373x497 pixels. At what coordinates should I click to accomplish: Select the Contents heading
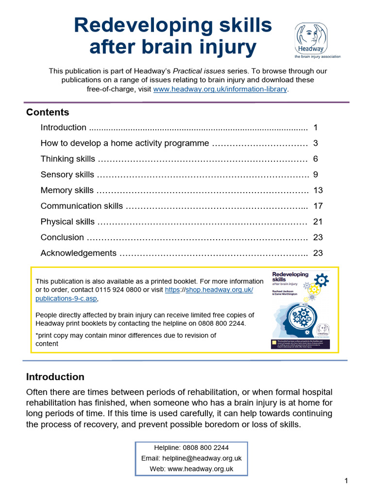pyautogui.click(x=48, y=112)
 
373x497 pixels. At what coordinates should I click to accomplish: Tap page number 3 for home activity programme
pyautogui.click(x=315, y=143)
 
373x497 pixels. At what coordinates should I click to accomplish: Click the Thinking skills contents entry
pyautogui.click(x=68, y=159)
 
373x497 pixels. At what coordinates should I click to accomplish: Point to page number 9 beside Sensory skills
pyautogui.click(x=315, y=175)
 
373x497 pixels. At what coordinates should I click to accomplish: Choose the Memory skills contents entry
pyautogui.click(x=67, y=190)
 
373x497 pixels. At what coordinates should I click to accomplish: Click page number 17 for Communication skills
pyautogui.click(x=318, y=206)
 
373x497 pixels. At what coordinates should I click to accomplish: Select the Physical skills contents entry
pyautogui.click(x=68, y=222)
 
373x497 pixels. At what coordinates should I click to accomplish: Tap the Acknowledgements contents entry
pyautogui.click(x=78, y=253)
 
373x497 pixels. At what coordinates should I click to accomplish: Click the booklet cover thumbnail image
pyautogui.click(x=300, y=309)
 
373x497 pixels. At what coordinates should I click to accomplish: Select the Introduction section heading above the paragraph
pyautogui.click(x=55, y=377)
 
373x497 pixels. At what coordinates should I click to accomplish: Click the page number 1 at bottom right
pyautogui.click(x=346, y=481)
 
